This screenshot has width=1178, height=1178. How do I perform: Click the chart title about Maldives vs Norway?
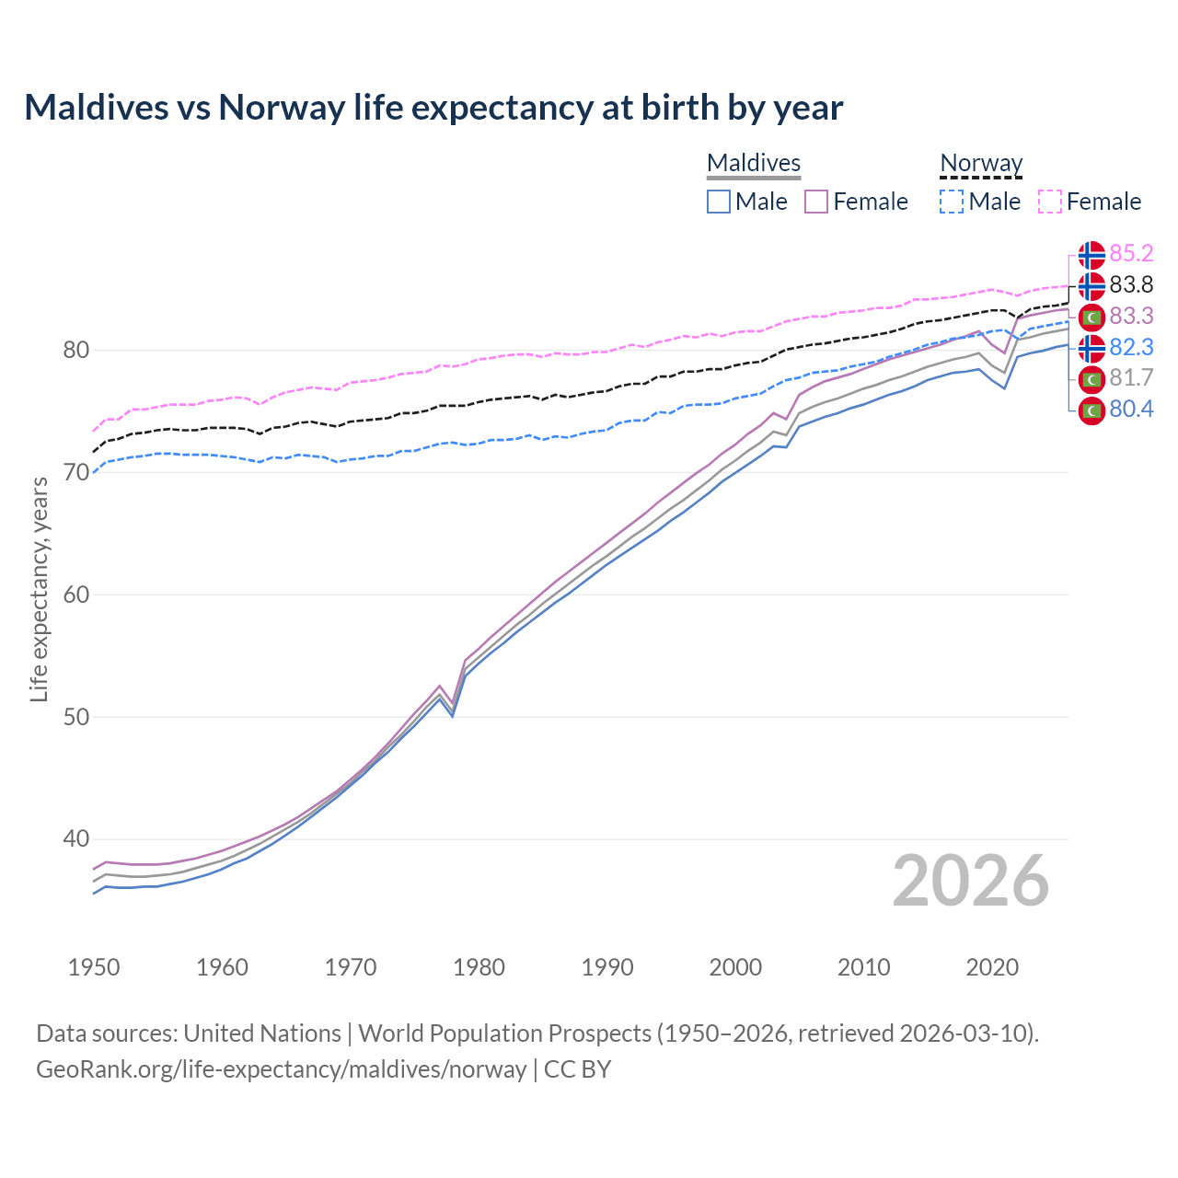433,108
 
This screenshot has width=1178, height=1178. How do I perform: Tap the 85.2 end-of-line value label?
1131,253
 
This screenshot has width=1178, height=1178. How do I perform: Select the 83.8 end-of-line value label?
1131,284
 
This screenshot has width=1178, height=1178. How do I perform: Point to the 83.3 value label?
1131,316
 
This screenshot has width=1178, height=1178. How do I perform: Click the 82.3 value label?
1131,347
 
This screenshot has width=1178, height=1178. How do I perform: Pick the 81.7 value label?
1131,377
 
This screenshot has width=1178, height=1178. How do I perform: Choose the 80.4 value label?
1131,409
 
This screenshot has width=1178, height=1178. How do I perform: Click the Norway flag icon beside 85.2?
1091,254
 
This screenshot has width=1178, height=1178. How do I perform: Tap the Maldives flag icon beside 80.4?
1091,410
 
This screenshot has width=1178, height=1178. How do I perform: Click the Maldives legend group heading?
754,163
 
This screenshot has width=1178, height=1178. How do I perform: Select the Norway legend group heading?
981,163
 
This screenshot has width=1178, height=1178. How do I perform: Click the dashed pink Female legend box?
1050,202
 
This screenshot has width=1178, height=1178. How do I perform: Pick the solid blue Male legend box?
719,202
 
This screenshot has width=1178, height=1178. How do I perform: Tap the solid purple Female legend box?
816,202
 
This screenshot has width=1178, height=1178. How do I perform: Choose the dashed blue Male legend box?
952,202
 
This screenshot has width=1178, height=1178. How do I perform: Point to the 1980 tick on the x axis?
479,967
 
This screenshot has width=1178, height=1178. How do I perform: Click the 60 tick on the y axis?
75,595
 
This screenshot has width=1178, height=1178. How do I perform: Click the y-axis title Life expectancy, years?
39,589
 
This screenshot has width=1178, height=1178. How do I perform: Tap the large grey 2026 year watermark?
970,881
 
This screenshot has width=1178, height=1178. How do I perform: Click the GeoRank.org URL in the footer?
281,1068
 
